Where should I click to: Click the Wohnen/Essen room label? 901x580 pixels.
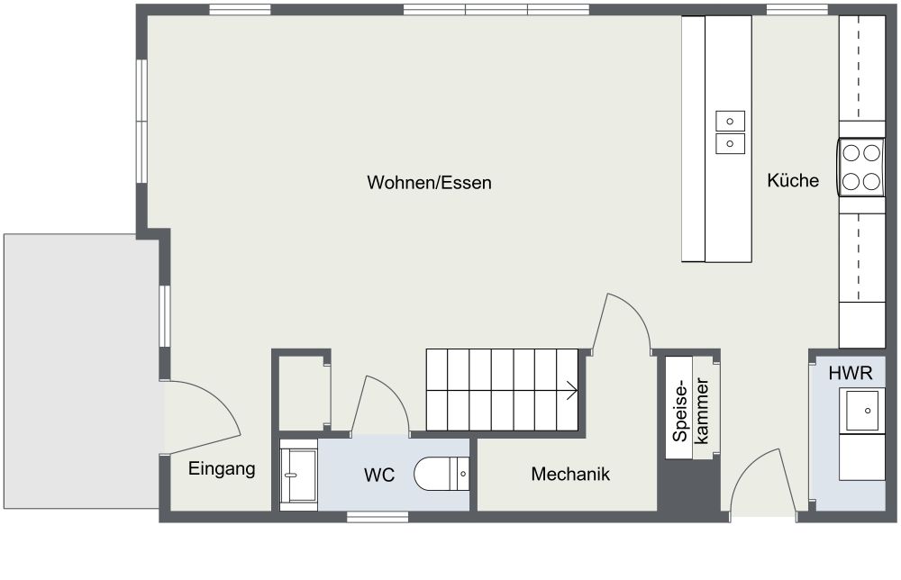click(x=429, y=183)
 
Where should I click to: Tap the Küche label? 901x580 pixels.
click(x=793, y=180)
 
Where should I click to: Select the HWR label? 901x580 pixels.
click(x=851, y=371)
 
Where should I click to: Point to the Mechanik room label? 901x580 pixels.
click(x=570, y=474)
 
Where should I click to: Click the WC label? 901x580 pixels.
click(x=379, y=475)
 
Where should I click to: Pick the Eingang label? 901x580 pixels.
click(x=222, y=468)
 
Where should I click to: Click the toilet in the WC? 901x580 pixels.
click(x=442, y=473)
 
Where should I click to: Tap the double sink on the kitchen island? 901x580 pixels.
click(x=730, y=131)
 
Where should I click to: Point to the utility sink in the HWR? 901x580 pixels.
click(x=862, y=411)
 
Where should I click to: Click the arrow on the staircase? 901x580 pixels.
click(x=570, y=390)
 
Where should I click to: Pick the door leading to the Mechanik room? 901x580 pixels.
click(x=622, y=324)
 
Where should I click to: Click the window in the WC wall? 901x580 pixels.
click(x=377, y=516)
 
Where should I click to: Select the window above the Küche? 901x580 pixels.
click(x=796, y=10)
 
